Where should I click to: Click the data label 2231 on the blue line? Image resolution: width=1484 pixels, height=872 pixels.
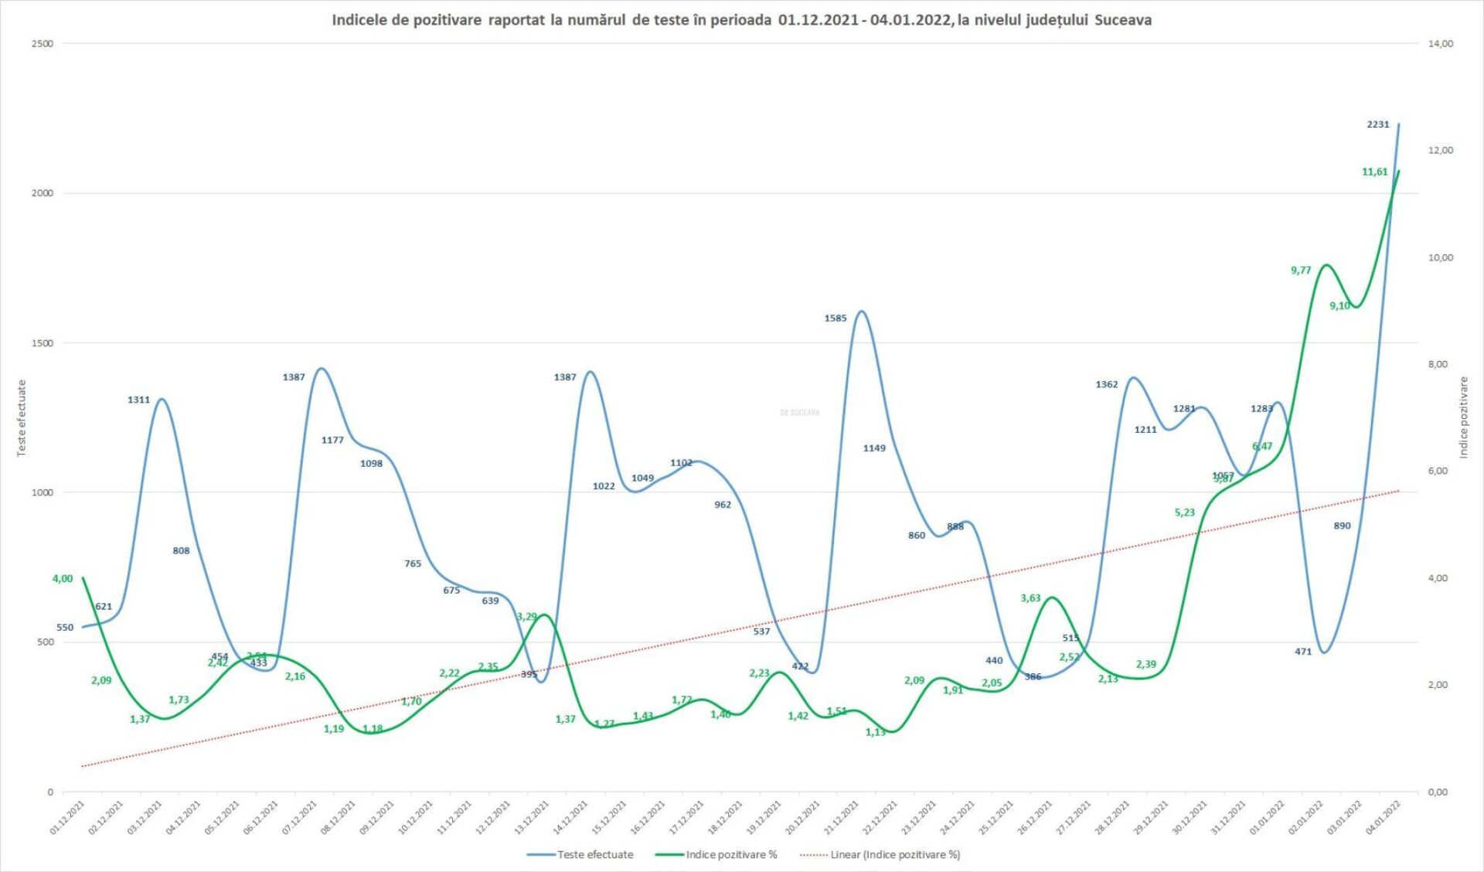pyautogui.click(x=1377, y=124)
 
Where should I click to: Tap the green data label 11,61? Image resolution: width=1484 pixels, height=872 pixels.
pyautogui.click(x=1374, y=172)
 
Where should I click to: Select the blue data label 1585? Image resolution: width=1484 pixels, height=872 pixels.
pyautogui.click(x=835, y=318)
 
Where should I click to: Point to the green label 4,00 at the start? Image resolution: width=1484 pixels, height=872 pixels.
pyautogui.click(x=63, y=579)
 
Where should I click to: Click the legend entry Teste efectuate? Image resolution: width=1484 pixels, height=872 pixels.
pyautogui.click(x=594, y=855)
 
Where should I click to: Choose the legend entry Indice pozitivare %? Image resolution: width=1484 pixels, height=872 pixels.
pyautogui.click(x=730, y=855)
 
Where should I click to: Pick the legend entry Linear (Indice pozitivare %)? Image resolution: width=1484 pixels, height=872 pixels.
pyautogui.click(x=895, y=855)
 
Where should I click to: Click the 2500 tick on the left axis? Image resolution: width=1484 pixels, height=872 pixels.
pyautogui.click(x=43, y=44)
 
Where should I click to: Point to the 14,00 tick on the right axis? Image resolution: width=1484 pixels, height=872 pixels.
pyautogui.click(x=1440, y=44)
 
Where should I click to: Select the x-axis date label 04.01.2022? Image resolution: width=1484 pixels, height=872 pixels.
pyautogui.click(x=1384, y=817)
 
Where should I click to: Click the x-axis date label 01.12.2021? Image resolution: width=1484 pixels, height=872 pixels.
pyautogui.click(x=67, y=817)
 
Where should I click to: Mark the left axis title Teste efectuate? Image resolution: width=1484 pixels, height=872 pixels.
pyautogui.click(x=22, y=417)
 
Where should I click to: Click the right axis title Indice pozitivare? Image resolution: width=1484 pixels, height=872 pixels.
pyautogui.click(x=1462, y=417)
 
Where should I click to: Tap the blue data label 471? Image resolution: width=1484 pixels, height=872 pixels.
pyautogui.click(x=1303, y=652)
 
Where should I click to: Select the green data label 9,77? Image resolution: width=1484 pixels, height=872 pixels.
pyautogui.click(x=1301, y=271)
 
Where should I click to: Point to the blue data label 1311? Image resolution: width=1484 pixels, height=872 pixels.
pyautogui.click(x=138, y=400)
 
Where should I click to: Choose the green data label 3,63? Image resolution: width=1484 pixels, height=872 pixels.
pyautogui.click(x=1030, y=598)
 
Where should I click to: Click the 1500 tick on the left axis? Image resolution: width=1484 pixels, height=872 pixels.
pyautogui.click(x=43, y=343)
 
